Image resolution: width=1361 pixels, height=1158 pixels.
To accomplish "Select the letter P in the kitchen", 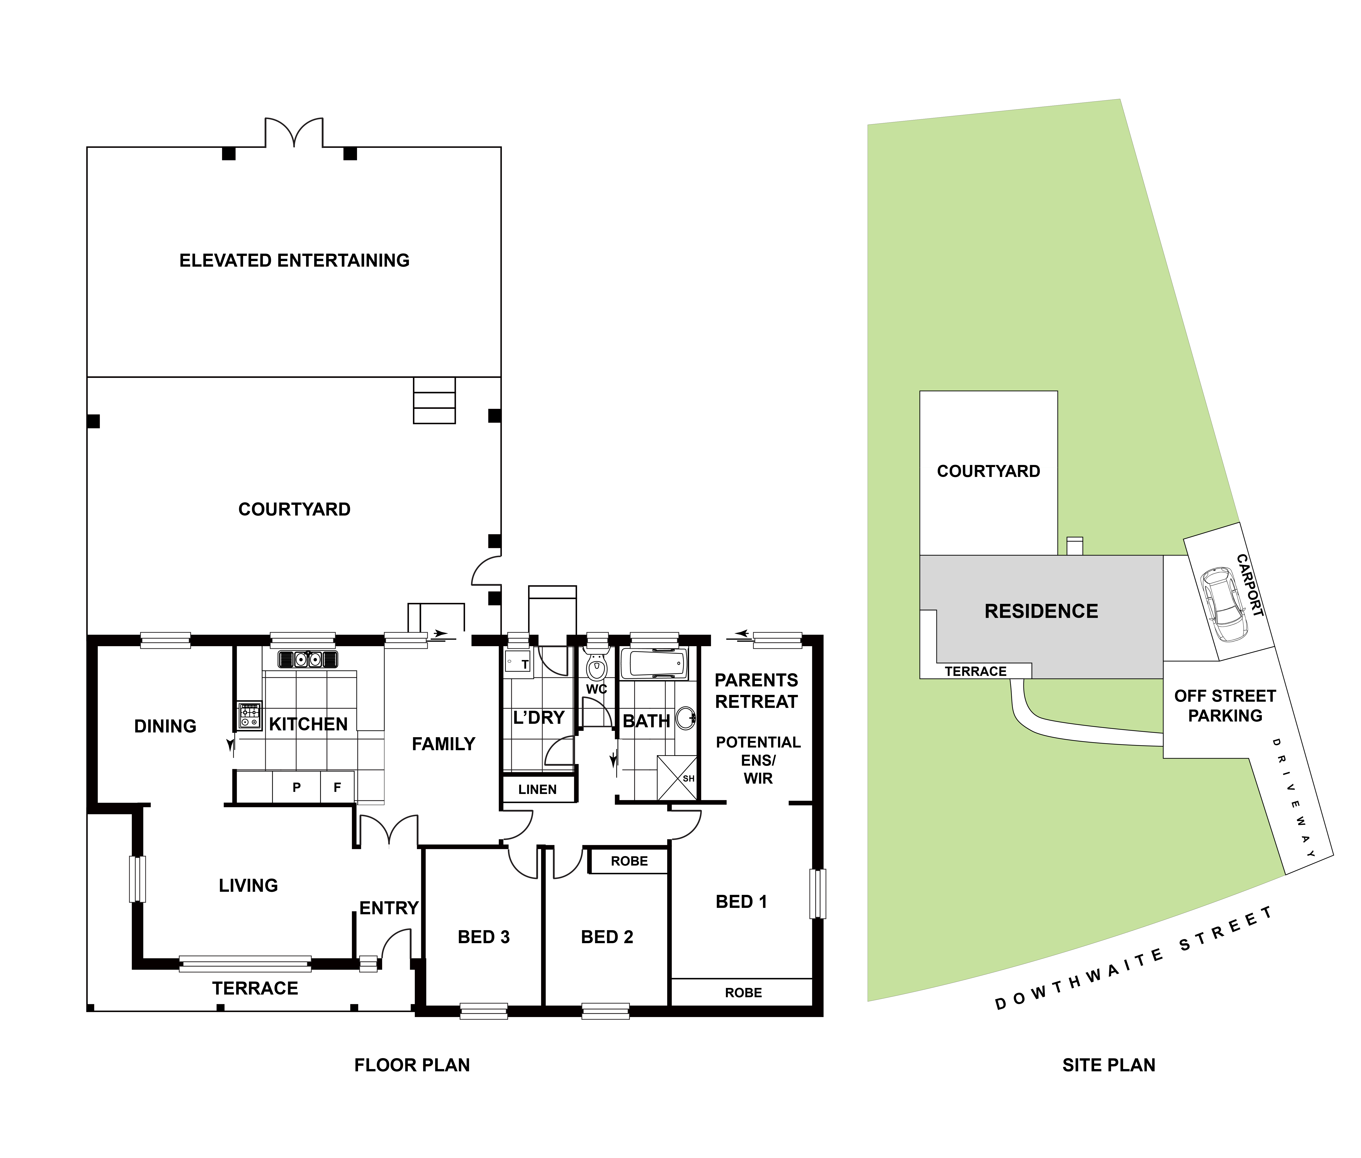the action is point(297,787).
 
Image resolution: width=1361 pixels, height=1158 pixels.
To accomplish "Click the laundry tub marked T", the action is point(519,664).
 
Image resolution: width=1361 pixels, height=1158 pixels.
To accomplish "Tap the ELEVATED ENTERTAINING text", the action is point(294,261).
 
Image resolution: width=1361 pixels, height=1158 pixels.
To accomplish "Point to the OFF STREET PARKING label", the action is point(1225,706).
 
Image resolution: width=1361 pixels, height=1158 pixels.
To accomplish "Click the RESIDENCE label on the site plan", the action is point(1041,611).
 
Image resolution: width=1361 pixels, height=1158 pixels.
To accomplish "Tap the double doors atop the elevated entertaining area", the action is point(294,132).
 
